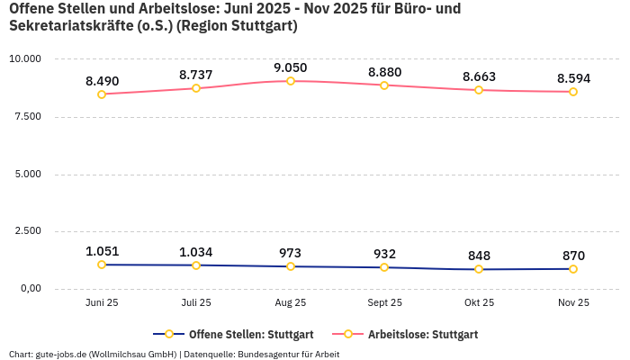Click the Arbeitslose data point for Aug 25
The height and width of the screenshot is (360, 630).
pyautogui.click(x=291, y=81)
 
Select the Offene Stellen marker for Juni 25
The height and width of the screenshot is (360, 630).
pyautogui.click(x=102, y=265)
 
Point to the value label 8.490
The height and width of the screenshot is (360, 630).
pyautogui.click(x=102, y=81)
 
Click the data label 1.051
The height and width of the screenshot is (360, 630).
pyautogui.click(x=102, y=251)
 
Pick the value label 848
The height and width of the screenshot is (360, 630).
pyautogui.click(x=479, y=255)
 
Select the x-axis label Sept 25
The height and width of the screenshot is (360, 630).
pyautogui.click(x=384, y=302)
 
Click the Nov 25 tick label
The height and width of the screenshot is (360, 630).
pyautogui.click(x=572, y=302)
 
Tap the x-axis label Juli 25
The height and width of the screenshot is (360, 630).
pyautogui.click(x=196, y=302)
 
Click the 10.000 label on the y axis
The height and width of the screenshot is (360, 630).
pyautogui.click(x=25, y=58)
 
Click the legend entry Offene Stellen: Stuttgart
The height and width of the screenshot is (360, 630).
pyautogui.click(x=234, y=334)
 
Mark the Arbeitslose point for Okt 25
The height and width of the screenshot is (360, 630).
pyautogui.click(x=479, y=90)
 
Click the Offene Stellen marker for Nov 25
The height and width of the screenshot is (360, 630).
pyautogui.click(x=572, y=269)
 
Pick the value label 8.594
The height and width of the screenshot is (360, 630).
pyautogui.click(x=572, y=78)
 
